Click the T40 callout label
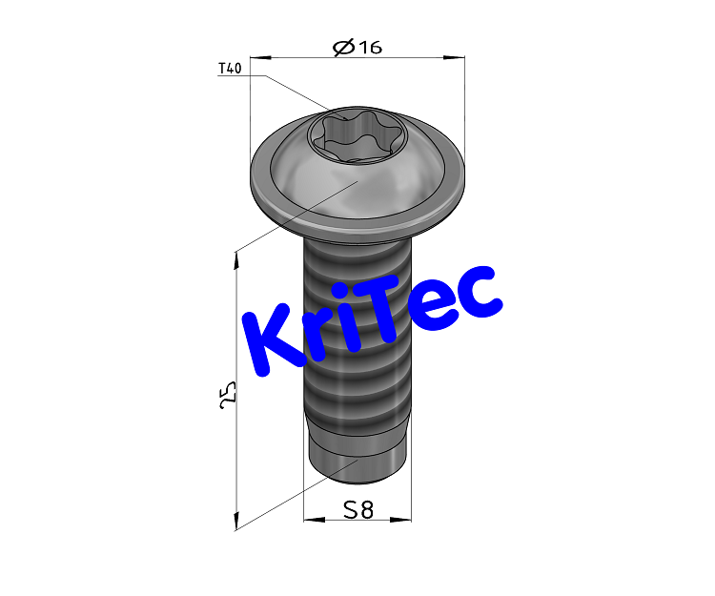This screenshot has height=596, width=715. click(230, 69)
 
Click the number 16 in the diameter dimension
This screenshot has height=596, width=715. click(369, 47)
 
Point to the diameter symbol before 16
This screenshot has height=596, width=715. click(343, 47)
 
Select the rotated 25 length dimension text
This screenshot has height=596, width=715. click(228, 397)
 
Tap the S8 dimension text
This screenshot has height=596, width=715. click(357, 510)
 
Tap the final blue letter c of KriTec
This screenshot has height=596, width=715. click(477, 295)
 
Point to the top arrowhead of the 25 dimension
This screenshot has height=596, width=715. click(235, 258)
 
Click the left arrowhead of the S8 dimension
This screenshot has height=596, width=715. click(308, 521)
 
